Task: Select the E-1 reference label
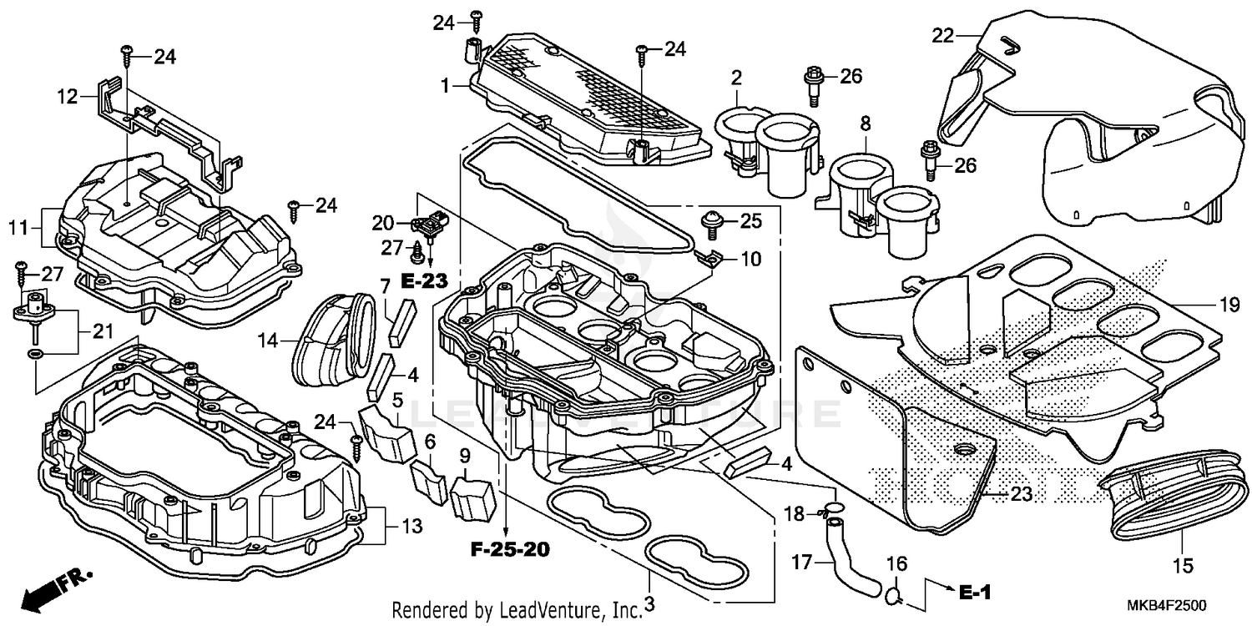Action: [973, 593]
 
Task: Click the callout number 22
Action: [942, 35]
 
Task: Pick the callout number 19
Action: [1230, 306]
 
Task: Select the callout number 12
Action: [68, 97]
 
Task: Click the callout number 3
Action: [649, 603]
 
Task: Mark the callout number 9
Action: [465, 456]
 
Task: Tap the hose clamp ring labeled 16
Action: [892, 596]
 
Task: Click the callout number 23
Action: [1022, 494]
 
